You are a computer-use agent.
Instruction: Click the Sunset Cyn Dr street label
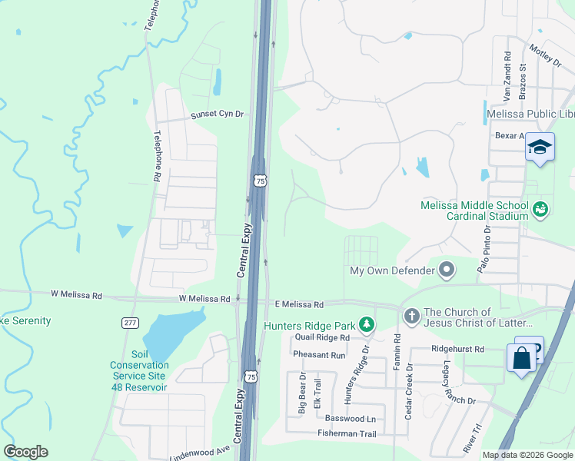[x=218, y=114]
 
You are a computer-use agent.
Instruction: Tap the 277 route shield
[x=131, y=323]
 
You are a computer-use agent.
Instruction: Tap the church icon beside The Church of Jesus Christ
[x=411, y=316]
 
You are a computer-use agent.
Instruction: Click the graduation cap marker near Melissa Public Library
[x=540, y=146]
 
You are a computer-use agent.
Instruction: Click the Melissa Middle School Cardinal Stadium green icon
[x=540, y=209]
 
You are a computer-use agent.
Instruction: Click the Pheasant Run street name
[x=319, y=355]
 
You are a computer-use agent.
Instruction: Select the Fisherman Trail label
[x=347, y=434]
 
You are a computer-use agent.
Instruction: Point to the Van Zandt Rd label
[x=507, y=77]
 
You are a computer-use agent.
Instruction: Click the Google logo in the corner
[x=25, y=452]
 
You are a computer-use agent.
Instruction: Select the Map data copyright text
[x=527, y=455]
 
